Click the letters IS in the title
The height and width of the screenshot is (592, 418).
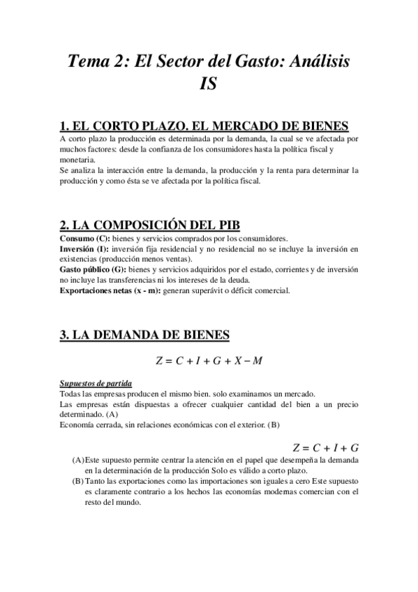(x=209, y=84)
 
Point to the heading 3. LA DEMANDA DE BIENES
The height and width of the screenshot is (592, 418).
(x=144, y=335)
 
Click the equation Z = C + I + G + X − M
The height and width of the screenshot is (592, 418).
(x=209, y=360)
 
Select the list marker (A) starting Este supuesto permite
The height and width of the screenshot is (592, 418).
(x=77, y=461)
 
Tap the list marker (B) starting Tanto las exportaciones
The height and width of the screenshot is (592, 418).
(x=77, y=482)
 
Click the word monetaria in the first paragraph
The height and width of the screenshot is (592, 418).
(x=77, y=159)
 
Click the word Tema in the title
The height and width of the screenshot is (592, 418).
(x=89, y=61)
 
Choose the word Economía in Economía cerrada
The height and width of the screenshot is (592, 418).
(x=78, y=425)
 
